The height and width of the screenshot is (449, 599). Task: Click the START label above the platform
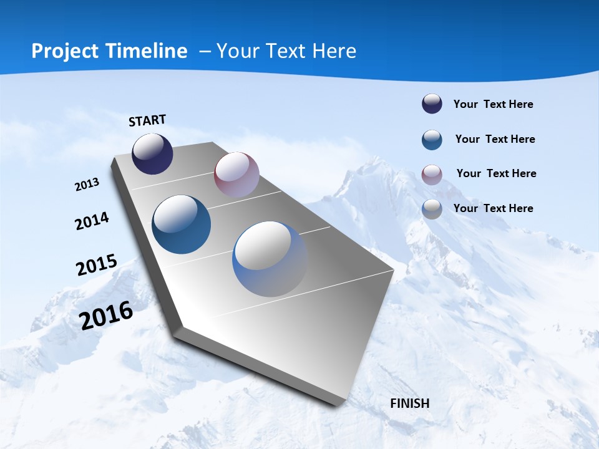pyautogui.click(x=147, y=120)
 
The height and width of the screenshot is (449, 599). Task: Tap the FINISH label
pyautogui.click(x=409, y=403)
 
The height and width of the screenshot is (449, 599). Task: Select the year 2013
pyautogui.click(x=87, y=185)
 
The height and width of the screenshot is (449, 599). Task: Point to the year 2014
pyautogui.click(x=92, y=221)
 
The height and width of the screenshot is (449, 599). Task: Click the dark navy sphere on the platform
pyautogui.click(x=152, y=154)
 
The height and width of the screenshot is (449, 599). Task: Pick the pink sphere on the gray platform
pyautogui.click(x=236, y=174)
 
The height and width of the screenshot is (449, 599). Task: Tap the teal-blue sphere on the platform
pyautogui.click(x=181, y=224)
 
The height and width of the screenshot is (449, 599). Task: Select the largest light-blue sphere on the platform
pyautogui.click(x=270, y=258)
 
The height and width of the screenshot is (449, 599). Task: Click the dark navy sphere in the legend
pyautogui.click(x=432, y=104)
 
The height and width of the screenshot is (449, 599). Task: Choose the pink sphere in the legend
pyautogui.click(x=432, y=175)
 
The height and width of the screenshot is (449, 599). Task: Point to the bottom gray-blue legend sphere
pyautogui.click(x=432, y=209)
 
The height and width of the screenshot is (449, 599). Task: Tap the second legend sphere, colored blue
pyautogui.click(x=432, y=140)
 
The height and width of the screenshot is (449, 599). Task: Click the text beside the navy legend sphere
pyautogui.click(x=493, y=104)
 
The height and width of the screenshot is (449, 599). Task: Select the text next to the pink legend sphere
pyautogui.click(x=496, y=173)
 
